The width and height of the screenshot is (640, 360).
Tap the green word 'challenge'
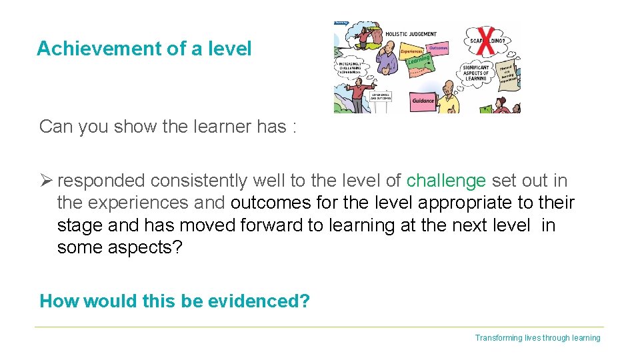pos(446,181)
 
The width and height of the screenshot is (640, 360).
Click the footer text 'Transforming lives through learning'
pos(537,338)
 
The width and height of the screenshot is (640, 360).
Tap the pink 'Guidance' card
pos(423,101)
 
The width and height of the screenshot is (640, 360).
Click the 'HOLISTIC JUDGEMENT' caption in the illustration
pos(411,34)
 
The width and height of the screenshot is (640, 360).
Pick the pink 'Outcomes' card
pos(438,47)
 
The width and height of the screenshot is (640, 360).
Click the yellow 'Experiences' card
pos(411,51)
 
